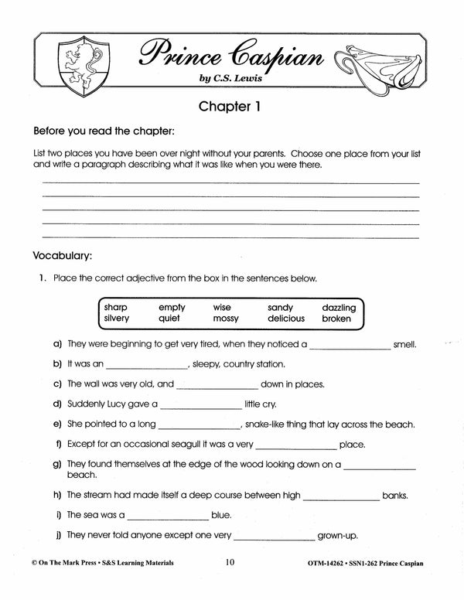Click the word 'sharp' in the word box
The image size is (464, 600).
[116, 307]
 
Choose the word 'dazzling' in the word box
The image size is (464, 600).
[333, 307]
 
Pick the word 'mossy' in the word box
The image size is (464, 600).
[226, 319]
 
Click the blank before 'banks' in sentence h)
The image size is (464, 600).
[342, 496]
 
